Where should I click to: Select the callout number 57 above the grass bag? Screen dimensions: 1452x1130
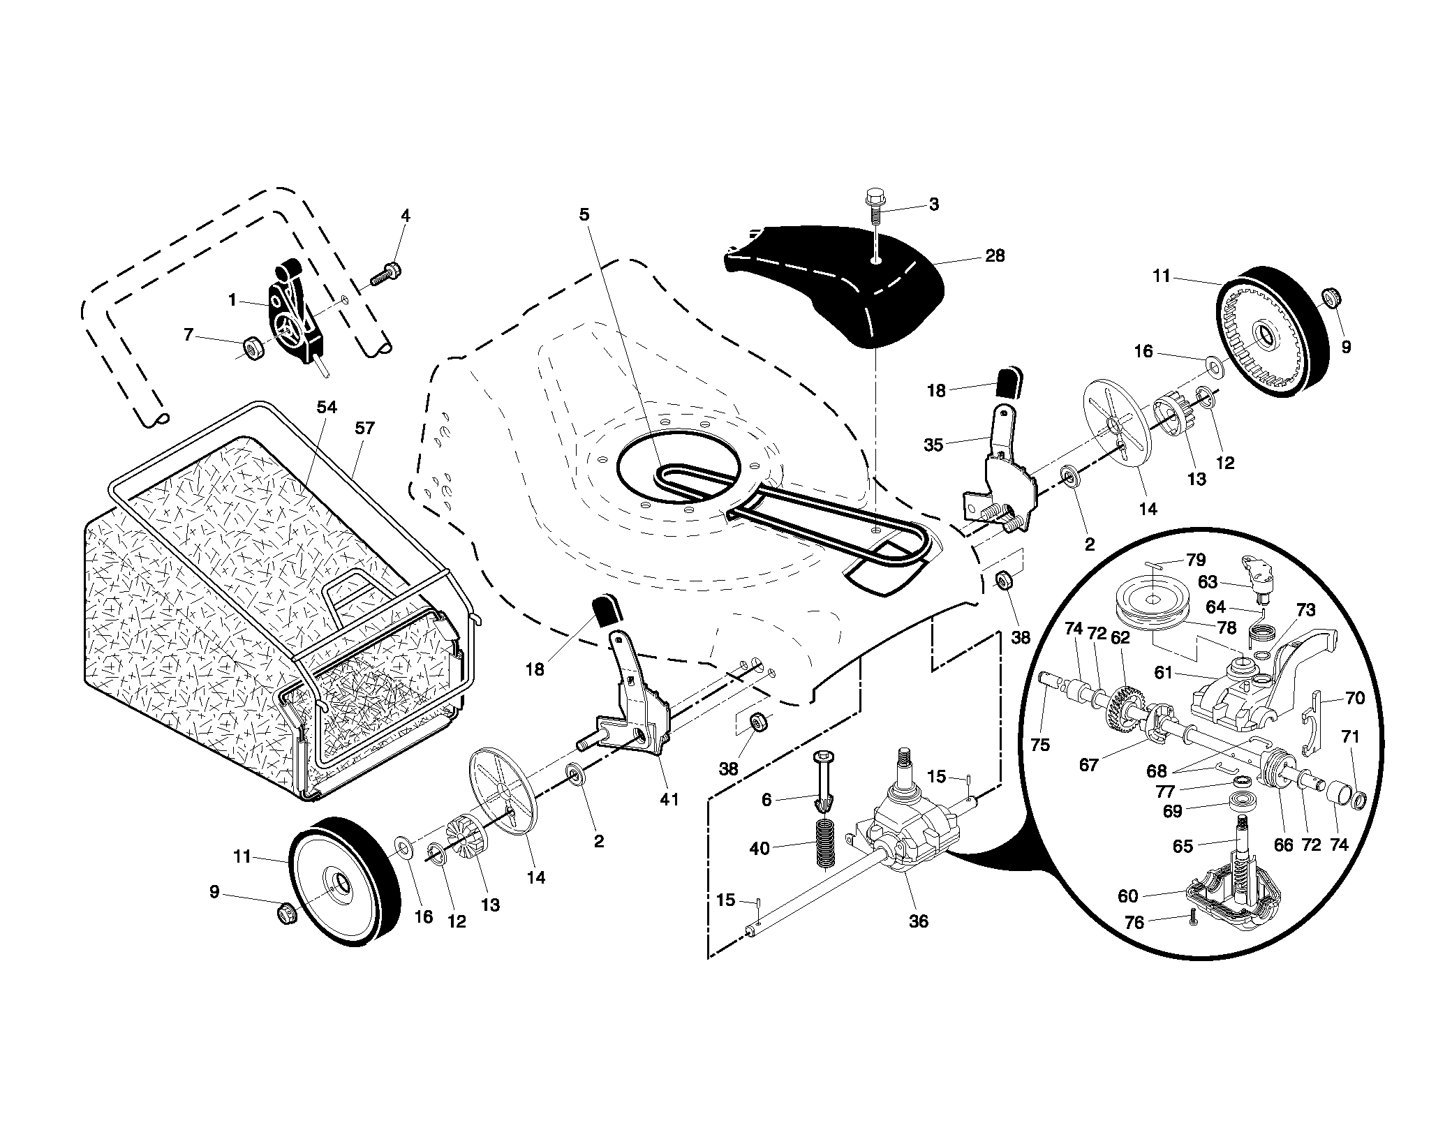pos(364,428)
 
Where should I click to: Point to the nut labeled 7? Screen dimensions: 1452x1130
pos(253,348)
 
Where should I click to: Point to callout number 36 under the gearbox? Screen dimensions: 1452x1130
pos(919,921)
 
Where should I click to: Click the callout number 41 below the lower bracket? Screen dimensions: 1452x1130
pos(669,799)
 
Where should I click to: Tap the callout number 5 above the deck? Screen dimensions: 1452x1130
pos(584,215)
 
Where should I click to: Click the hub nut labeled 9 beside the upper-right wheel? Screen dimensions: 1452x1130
pos(1331,299)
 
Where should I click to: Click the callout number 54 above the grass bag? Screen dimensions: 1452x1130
pos(327,407)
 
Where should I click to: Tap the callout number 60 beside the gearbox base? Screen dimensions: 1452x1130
pos(1128,896)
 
